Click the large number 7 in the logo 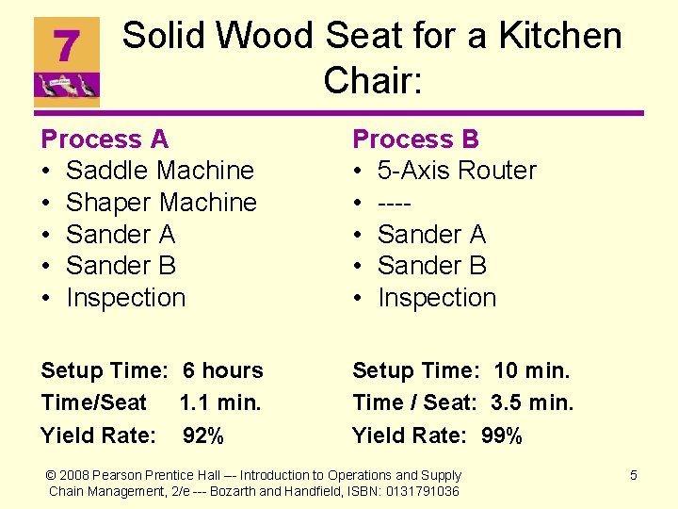(66, 44)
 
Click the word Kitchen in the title (559, 37)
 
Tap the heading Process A (105, 140)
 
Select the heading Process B (415, 140)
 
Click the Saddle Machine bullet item (160, 171)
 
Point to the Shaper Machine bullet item (161, 203)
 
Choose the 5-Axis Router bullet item (457, 171)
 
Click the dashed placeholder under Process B (396, 203)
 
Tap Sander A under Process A (121, 234)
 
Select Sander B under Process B (431, 266)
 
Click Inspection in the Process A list (125, 298)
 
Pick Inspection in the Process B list (436, 298)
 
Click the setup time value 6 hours (223, 371)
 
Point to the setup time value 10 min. (532, 371)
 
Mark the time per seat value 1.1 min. (220, 403)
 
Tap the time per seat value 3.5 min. (532, 403)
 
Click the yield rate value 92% (203, 435)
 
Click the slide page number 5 (633, 475)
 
